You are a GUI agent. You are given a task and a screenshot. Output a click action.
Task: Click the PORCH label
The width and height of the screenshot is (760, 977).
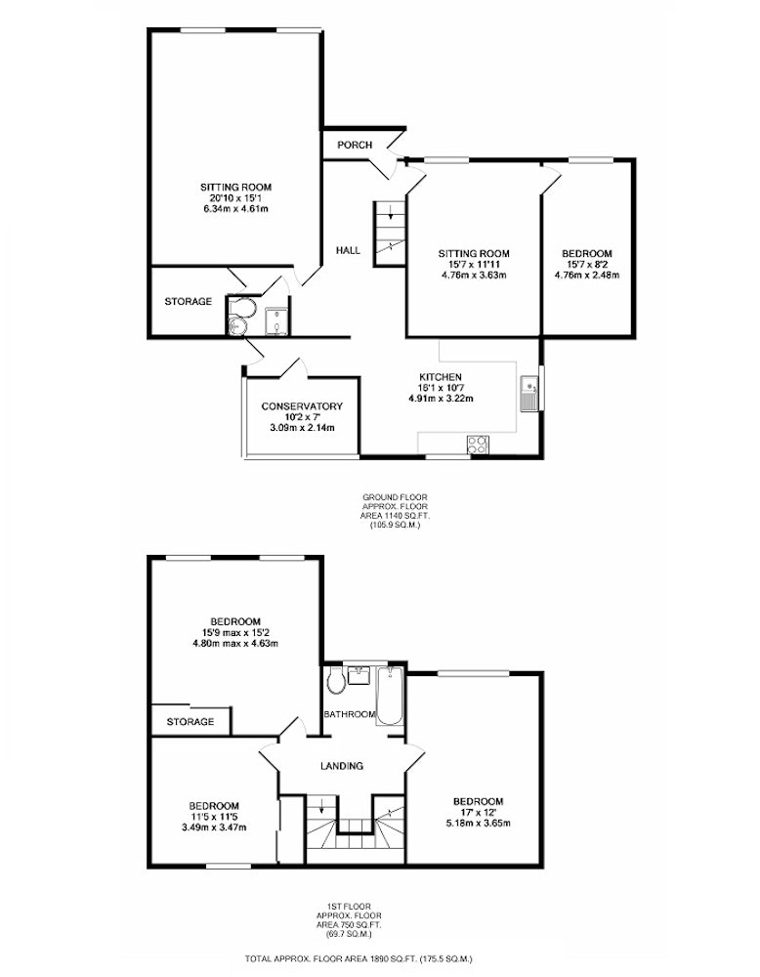tap(355, 146)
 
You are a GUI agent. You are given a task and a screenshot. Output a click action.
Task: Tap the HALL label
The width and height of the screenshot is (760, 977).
tap(348, 250)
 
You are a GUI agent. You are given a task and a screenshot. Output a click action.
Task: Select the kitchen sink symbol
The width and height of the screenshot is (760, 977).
tap(529, 394)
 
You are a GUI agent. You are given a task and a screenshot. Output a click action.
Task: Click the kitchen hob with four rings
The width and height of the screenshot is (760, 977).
tap(478, 445)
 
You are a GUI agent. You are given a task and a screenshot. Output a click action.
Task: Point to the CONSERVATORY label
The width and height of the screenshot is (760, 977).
tap(302, 406)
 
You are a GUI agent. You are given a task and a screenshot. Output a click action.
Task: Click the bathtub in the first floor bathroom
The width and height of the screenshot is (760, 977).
tap(391, 696)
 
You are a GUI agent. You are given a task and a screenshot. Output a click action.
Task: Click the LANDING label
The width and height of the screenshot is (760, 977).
tap(342, 766)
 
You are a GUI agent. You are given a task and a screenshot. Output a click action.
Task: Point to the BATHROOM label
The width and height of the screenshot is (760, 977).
tap(350, 715)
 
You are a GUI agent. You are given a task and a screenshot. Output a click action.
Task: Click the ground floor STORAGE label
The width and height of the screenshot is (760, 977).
tap(189, 302)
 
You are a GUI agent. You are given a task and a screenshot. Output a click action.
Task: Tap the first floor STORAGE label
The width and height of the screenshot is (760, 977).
tap(190, 722)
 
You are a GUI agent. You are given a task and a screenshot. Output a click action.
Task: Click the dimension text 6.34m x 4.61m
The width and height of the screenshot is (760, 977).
tap(235, 209)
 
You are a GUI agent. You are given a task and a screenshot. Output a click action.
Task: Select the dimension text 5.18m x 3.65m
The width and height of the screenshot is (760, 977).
tap(479, 823)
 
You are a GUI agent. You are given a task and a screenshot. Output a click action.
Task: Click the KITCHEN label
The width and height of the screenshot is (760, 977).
tap(441, 377)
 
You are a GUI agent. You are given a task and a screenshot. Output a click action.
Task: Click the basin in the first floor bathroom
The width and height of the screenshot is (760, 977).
tap(359, 675)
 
